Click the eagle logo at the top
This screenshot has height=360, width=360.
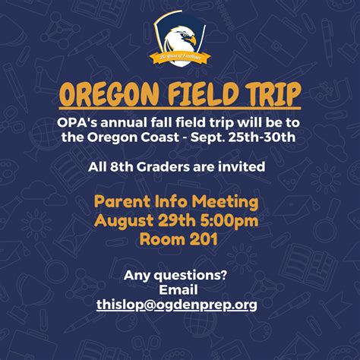179,34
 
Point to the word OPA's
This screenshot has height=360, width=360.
77,122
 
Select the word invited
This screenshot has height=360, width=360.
242,165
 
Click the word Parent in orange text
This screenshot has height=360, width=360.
121,202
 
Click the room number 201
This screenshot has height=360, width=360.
205,238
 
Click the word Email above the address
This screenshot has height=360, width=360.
178,289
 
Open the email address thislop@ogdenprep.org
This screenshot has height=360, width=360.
176,304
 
